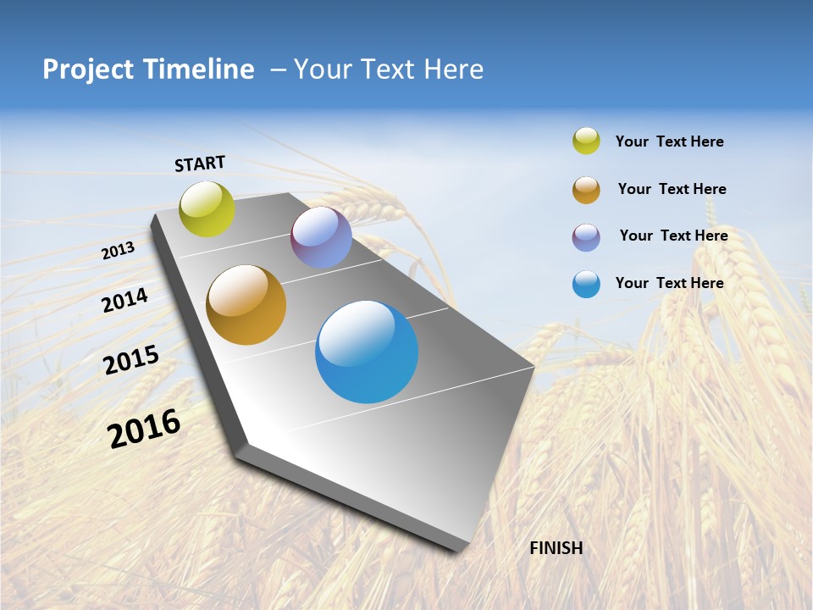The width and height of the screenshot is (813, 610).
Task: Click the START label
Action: (x=200, y=164)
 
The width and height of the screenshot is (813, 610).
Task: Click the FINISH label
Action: (x=556, y=548)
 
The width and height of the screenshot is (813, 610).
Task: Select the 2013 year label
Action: (x=118, y=251)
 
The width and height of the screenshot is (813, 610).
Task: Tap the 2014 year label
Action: (x=124, y=300)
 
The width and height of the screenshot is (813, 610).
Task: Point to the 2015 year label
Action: (x=130, y=360)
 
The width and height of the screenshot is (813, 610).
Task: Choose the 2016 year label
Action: (x=144, y=429)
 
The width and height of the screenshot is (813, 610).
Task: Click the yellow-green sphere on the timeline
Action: (x=207, y=208)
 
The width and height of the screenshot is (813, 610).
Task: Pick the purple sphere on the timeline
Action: (x=321, y=237)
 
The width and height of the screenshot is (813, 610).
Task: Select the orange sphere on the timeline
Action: (x=246, y=305)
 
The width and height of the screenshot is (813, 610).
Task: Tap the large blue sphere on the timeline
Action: (x=367, y=352)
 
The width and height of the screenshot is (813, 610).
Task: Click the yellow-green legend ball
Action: (x=586, y=141)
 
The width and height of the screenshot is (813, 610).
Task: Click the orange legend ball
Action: (x=586, y=190)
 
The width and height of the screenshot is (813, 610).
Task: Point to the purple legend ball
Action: (x=586, y=237)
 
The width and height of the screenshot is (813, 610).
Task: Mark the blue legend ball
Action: (x=586, y=284)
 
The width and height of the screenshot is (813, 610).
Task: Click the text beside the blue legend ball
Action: (x=669, y=283)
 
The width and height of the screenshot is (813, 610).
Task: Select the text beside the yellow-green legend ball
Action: (x=669, y=141)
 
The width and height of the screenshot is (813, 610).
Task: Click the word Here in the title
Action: (x=453, y=69)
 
